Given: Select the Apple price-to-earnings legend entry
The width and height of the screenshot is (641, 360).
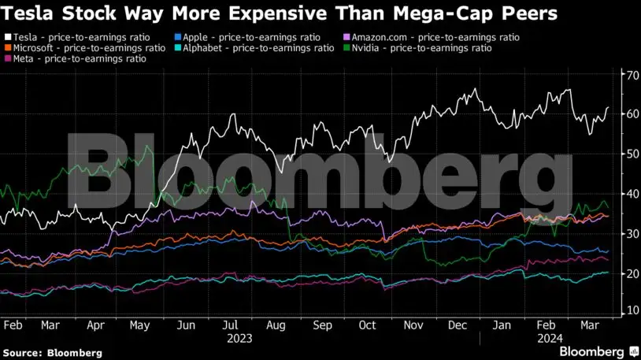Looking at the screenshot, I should click(x=237, y=37).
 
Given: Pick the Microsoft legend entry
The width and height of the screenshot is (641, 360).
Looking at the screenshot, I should click(x=87, y=48).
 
